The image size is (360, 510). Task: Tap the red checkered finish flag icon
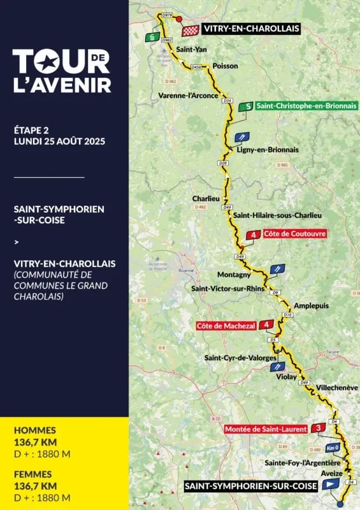189,30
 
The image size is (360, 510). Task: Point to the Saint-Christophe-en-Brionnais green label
305,106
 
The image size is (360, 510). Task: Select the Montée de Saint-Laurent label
266,429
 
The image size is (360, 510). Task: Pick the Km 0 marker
332,448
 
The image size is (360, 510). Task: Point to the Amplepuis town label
311,306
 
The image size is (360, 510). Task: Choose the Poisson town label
225,66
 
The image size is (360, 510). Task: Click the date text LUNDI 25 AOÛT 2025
59,141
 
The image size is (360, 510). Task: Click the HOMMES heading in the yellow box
35,430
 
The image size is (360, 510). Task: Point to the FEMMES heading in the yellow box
34,474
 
